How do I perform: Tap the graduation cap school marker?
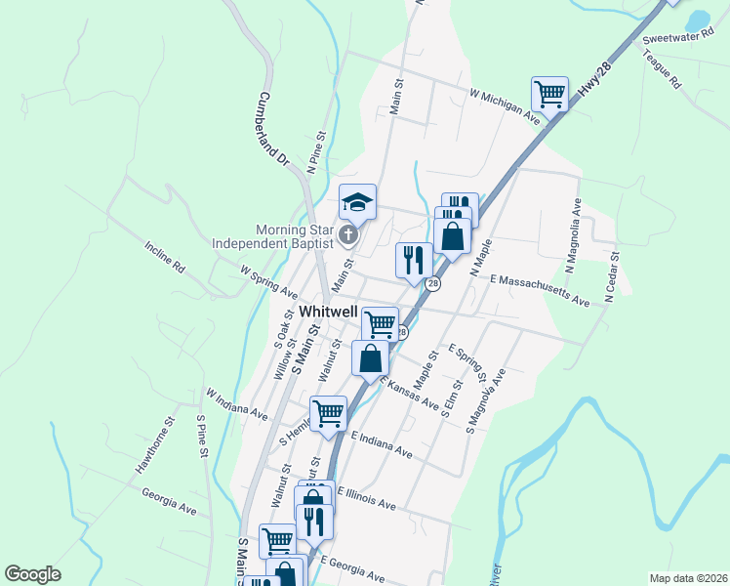[x=357, y=202]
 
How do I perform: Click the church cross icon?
[x=348, y=235]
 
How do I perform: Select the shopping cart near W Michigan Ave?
[x=550, y=95]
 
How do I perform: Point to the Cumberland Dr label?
[x=275, y=128]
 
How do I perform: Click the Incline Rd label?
[x=164, y=256]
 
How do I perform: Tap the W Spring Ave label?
[x=268, y=278]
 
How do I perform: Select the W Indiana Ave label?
[x=236, y=404]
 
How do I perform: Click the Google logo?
[x=32, y=574]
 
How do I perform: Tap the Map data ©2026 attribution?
[x=688, y=578]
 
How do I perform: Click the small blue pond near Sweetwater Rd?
[x=697, y=21]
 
